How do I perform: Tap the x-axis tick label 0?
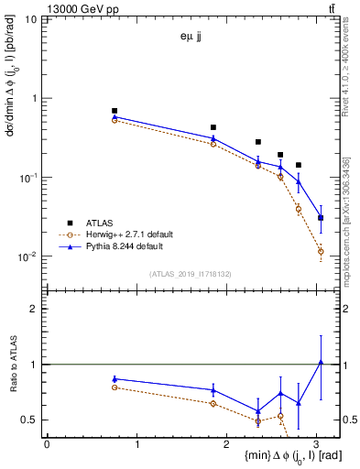(47, 443)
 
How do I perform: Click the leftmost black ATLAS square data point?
(115, 111)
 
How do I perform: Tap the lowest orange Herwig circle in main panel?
(321, 251)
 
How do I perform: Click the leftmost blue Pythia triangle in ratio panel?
(115, 378)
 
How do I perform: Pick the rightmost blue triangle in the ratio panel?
(321, 362)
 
